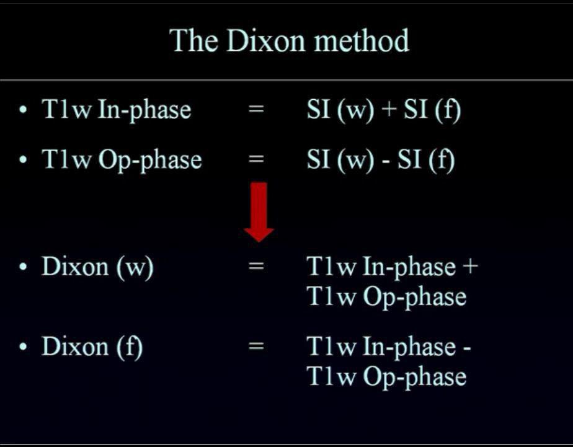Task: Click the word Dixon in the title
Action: tap(265, 40)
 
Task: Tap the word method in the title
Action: tap(362, 40)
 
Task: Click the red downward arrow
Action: tap(259, 212)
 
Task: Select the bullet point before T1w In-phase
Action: tap(24, 110)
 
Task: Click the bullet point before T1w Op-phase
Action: tap(24, 159)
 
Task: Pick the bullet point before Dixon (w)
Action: tap(24, 267)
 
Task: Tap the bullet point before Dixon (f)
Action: tap(24, 346)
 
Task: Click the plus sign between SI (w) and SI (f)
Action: tap(389, 109)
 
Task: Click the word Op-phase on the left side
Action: tap(150, 161)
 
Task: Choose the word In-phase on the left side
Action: tap(144, 110)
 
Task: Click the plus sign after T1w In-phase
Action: tap(470, 266)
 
